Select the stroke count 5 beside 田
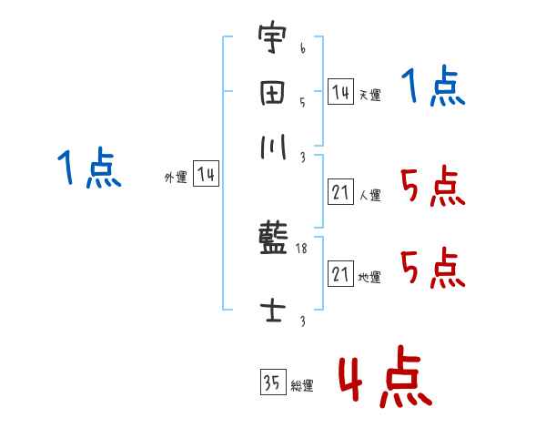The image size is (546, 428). tap(302, 102)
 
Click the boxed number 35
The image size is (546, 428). tap(272, 382)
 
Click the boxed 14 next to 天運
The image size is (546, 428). tap(340, 92)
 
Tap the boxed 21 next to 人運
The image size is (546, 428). tap(340, 192)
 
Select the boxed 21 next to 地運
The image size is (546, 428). tap(340, 274)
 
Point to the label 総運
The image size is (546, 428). tap(301, 386)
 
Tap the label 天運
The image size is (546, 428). tap(369, 95)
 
